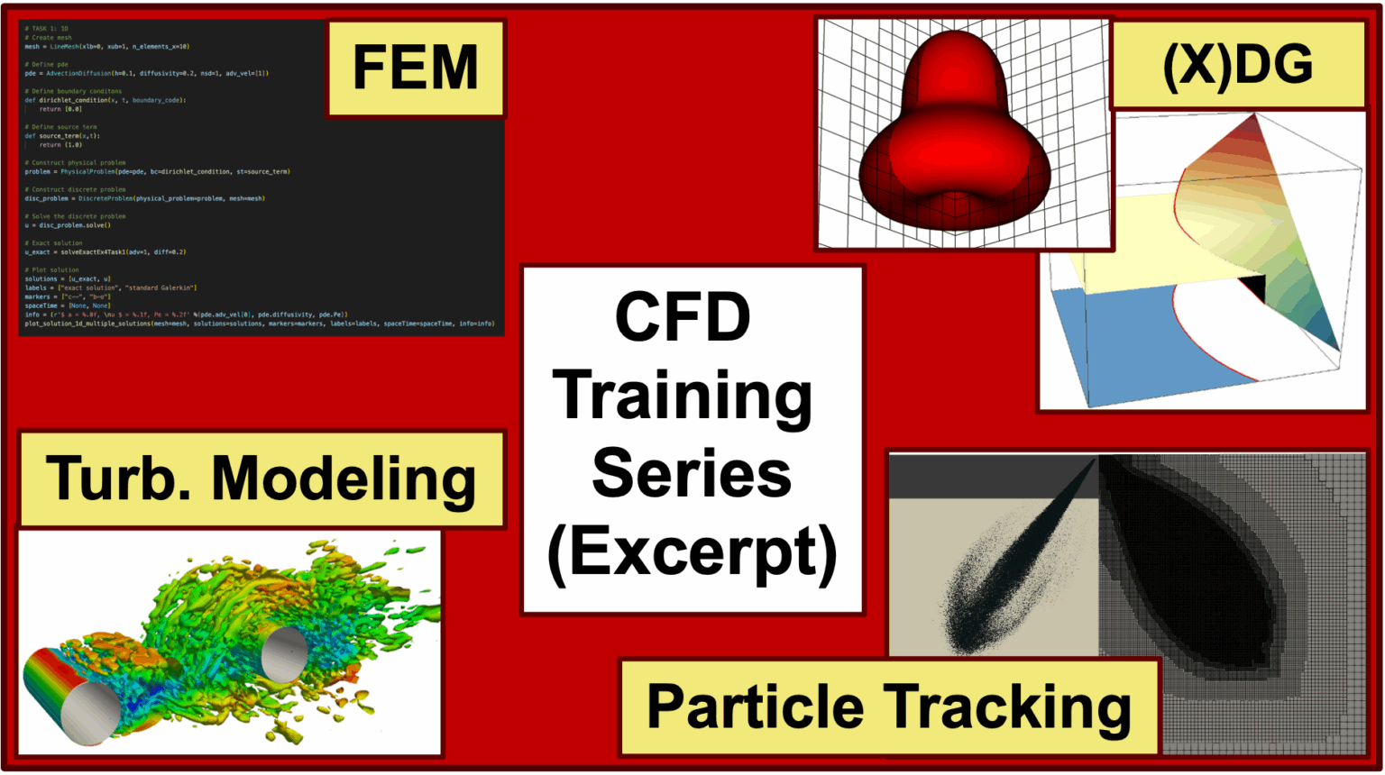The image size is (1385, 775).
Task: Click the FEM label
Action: (x=415, y=68)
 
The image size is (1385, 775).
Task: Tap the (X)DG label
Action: (x=1237, y=65)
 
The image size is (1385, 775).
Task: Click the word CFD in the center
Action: (x=683, y=317)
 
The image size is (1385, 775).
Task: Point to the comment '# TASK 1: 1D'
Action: (x=46, y=29)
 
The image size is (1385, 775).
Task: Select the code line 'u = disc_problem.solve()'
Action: (x=68, y=225)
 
